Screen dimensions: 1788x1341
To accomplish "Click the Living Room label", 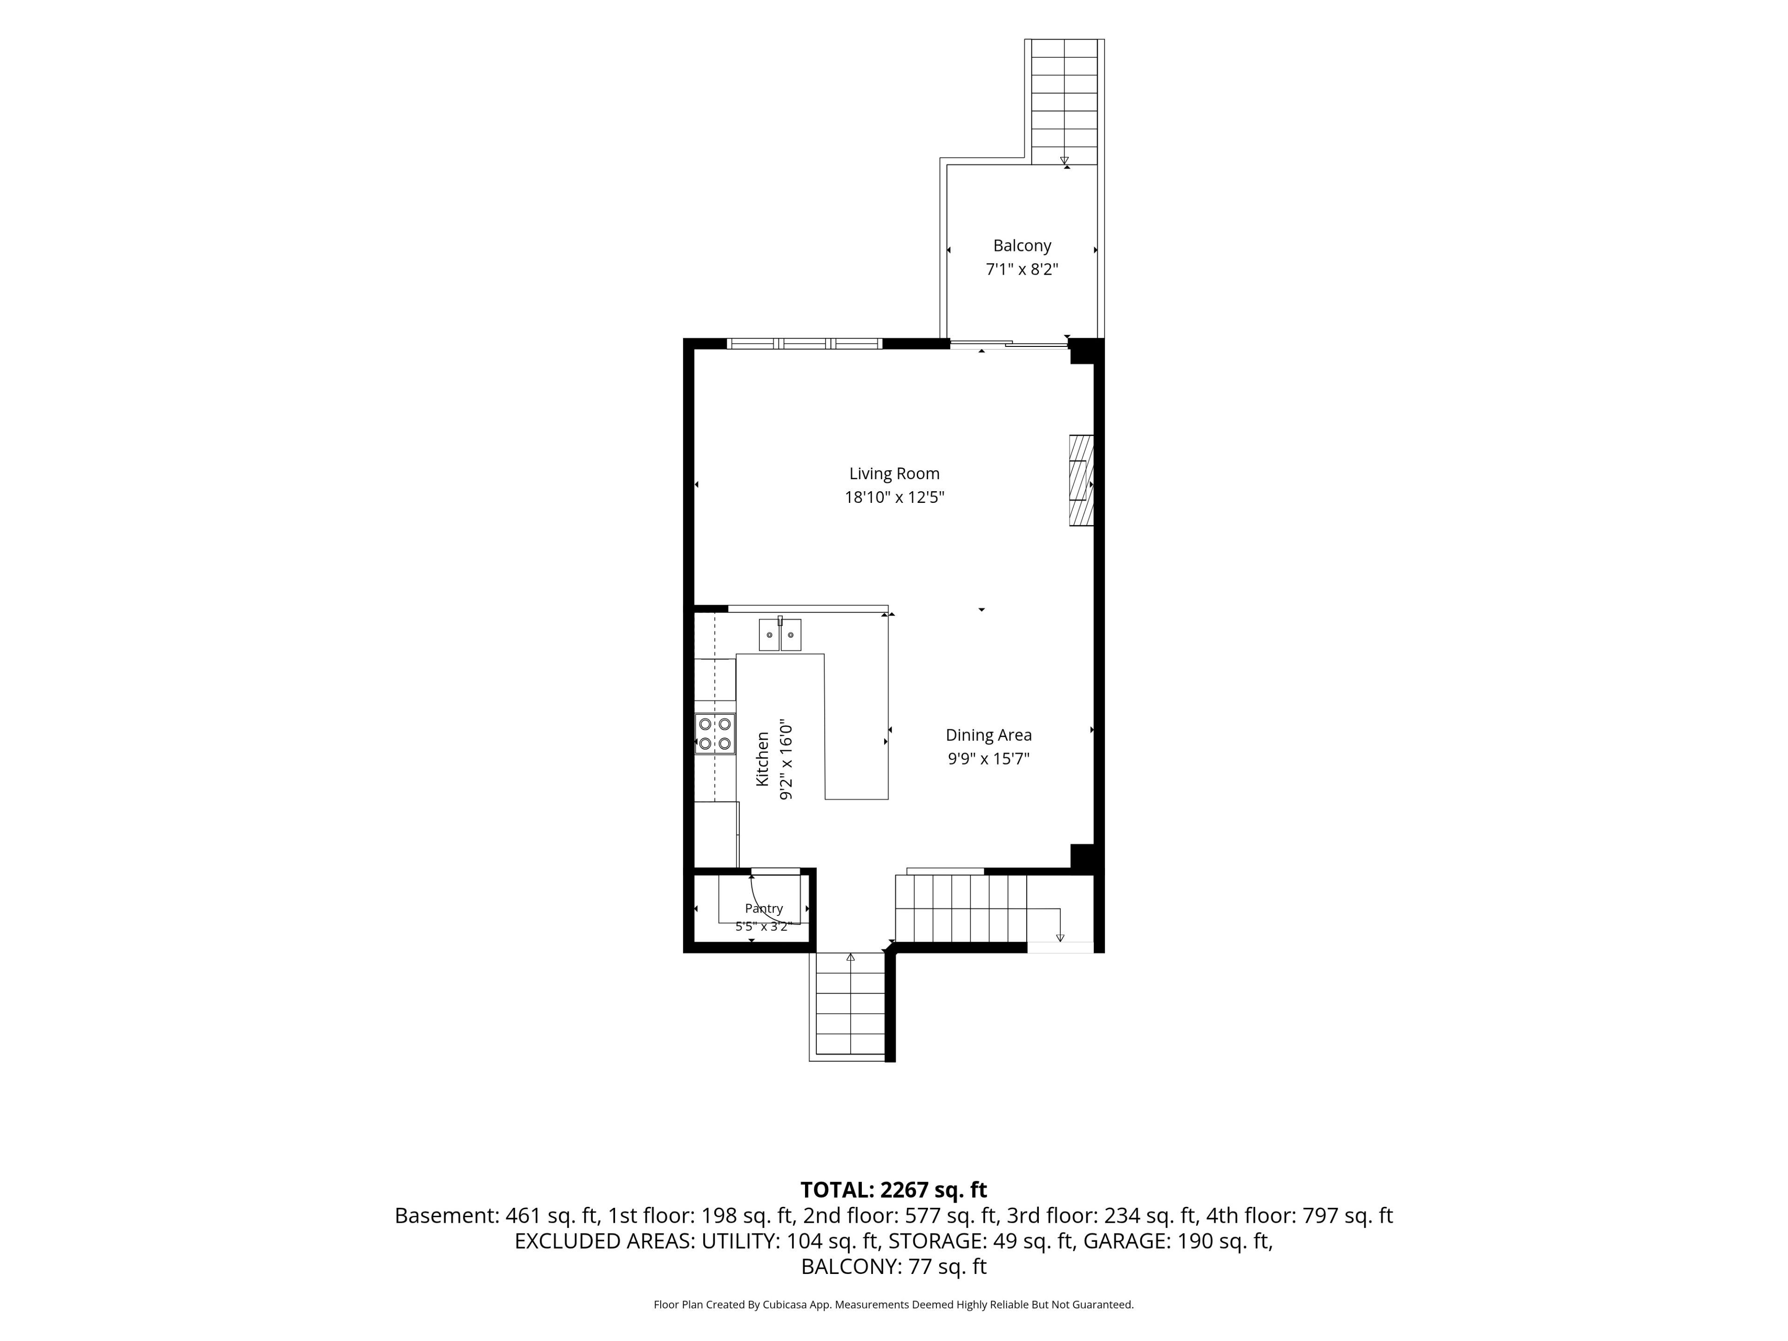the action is click(x=894, y=474).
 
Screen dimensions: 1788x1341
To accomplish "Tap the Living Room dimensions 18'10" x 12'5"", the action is click(x=894, y=497).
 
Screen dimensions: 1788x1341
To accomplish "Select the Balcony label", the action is click(x=1022, y=246).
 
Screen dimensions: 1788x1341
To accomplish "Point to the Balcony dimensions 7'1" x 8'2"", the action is click(x=1022, y=269).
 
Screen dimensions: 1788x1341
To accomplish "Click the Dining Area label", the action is click(x=989, y=735).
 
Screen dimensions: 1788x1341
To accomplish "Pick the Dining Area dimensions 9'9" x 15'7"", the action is click(x=989, y=758).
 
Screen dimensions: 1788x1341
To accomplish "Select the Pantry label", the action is click(x=764, y=908).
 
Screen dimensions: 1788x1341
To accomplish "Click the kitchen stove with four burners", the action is click(x=715, y=734).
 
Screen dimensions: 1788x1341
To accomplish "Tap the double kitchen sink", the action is click(x=780, y=635).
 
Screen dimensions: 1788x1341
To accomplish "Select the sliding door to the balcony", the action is click(x=1009, y=345).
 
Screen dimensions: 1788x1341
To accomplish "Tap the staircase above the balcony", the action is click(x=1064, y=101).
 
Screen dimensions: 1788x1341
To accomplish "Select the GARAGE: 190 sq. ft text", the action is click(x=1178, y=1241).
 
